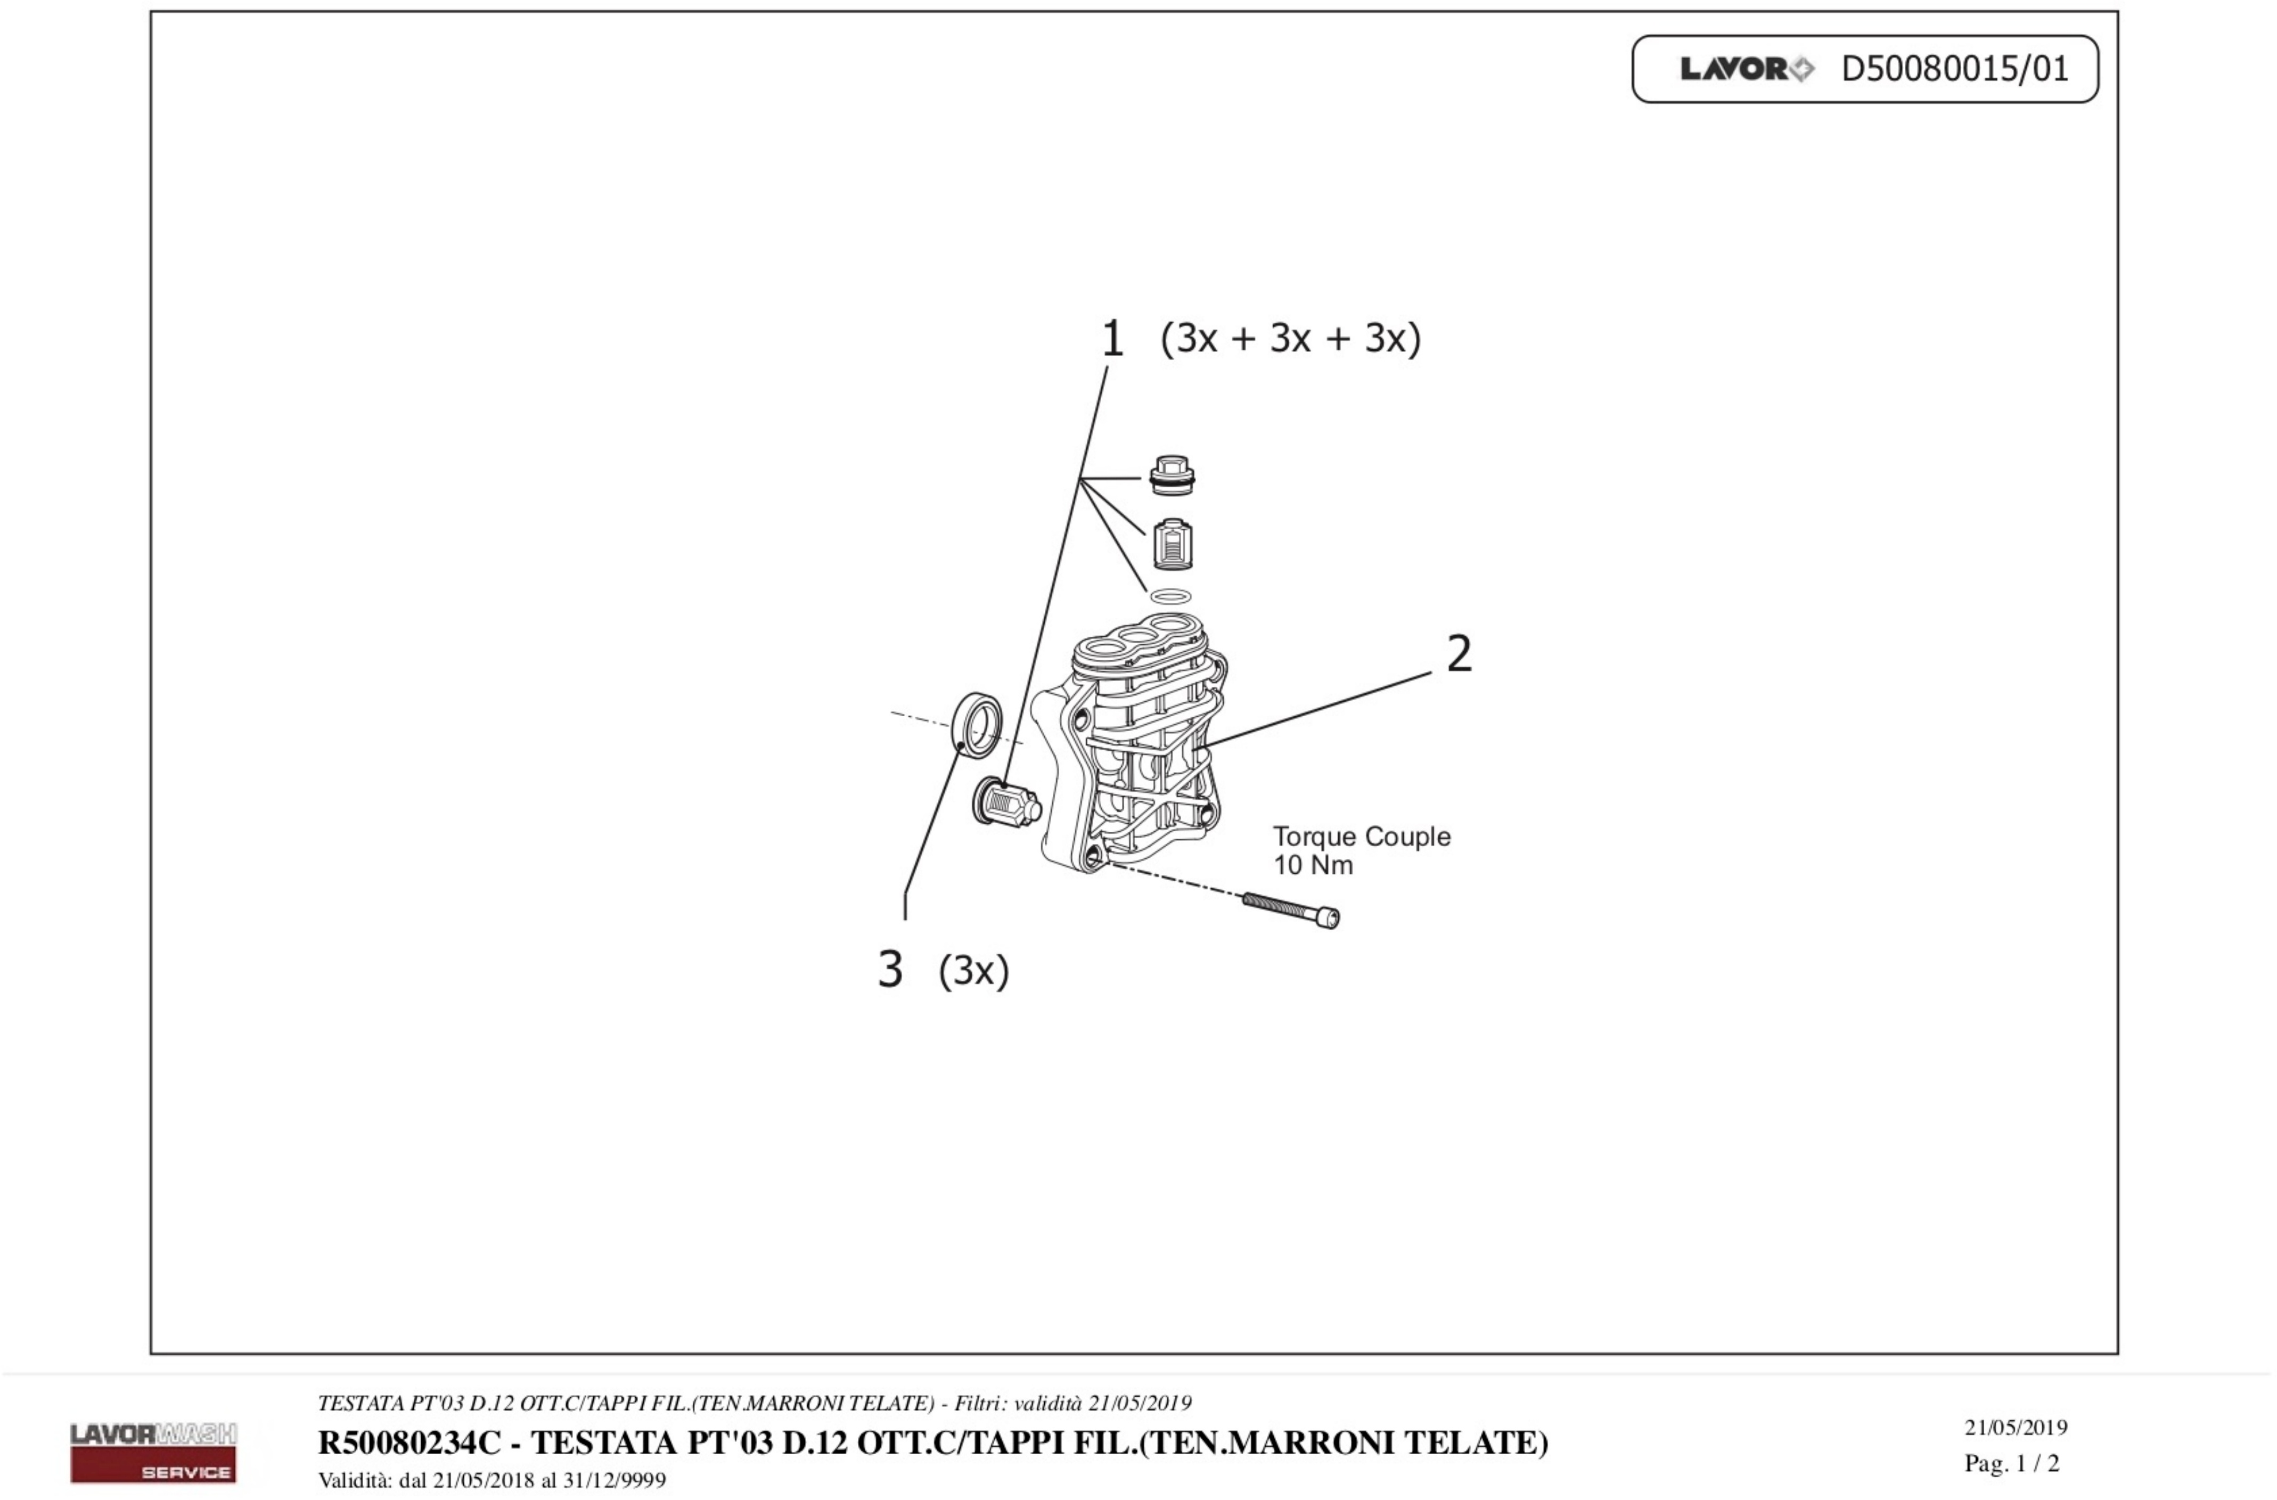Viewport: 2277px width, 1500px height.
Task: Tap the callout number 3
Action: coord(890,970)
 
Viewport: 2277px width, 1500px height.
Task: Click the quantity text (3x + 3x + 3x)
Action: coord(1291,339)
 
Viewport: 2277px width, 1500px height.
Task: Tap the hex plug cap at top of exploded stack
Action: coord(1172,476)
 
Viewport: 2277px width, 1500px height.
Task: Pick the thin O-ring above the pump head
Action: coord(1171,597)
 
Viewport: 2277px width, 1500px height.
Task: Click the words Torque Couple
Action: coord(1361,837)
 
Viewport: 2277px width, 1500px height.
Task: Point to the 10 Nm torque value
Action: coord(1313,866)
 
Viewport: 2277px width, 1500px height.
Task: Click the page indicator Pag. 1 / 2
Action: coord(2011,1463)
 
